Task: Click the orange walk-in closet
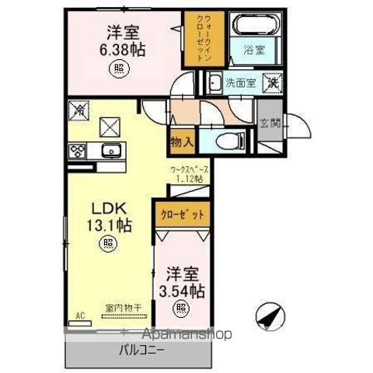(193, 40)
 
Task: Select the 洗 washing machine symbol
(273, 79)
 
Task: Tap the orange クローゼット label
(183, 213)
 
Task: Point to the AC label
(78, 316)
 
